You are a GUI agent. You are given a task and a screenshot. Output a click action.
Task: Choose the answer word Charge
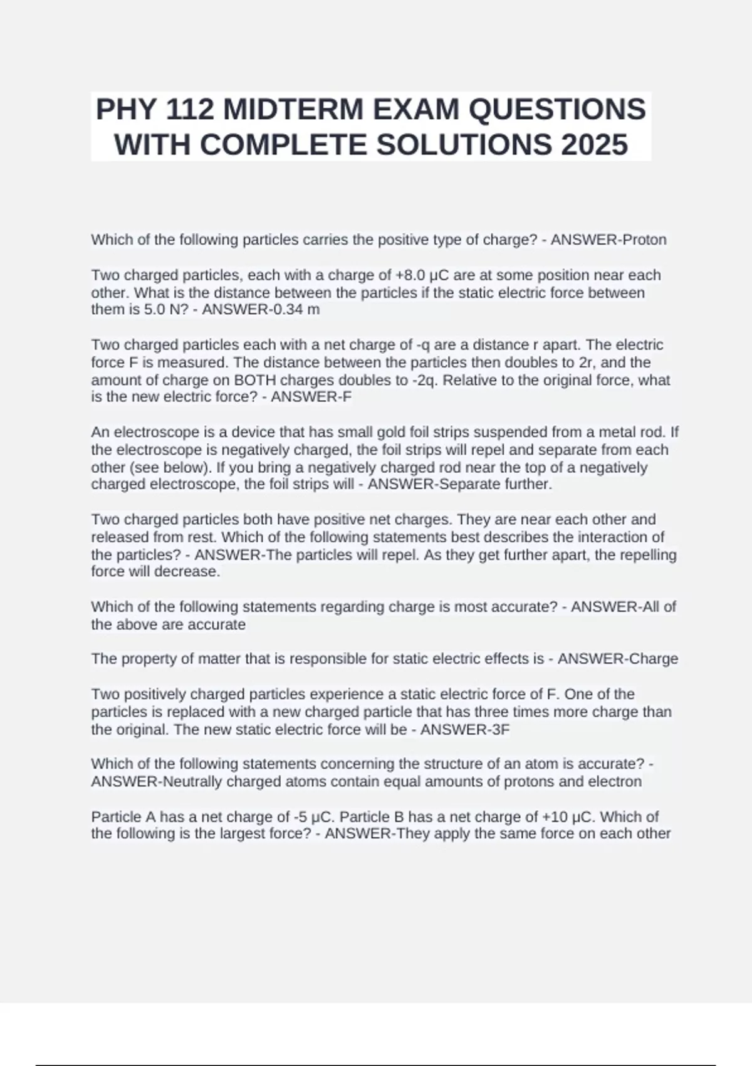[x=653, y=658]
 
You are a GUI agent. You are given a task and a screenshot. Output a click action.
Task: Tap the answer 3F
[x=501, y=729]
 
